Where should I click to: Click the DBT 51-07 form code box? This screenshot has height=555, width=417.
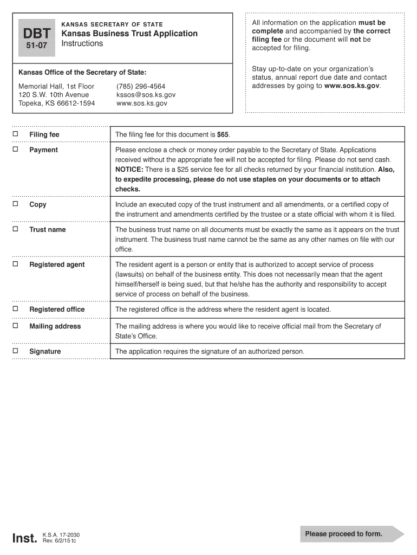pos(37,38)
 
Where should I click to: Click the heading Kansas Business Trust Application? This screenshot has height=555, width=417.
pos(129,34)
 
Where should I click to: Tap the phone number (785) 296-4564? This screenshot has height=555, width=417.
pos(141,87)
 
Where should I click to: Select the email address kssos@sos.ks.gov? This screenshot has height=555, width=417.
pos(146,95)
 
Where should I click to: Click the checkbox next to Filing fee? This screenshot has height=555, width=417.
pos(16,134)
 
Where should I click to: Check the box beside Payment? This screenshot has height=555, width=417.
pos(16,150)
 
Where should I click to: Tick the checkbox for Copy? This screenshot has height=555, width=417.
pos(16,204)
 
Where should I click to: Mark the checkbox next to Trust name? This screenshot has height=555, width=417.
pos(16,229)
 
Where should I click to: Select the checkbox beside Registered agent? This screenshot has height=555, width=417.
pos(16,264)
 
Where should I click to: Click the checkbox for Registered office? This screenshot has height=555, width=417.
pos(16,309)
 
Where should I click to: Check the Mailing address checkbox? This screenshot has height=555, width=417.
pos(16,326)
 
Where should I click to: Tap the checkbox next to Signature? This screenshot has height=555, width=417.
pos(16,351)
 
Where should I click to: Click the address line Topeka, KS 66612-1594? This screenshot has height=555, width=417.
pos(56,103)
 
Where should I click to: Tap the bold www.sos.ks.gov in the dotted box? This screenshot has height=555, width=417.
pos(352,86)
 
